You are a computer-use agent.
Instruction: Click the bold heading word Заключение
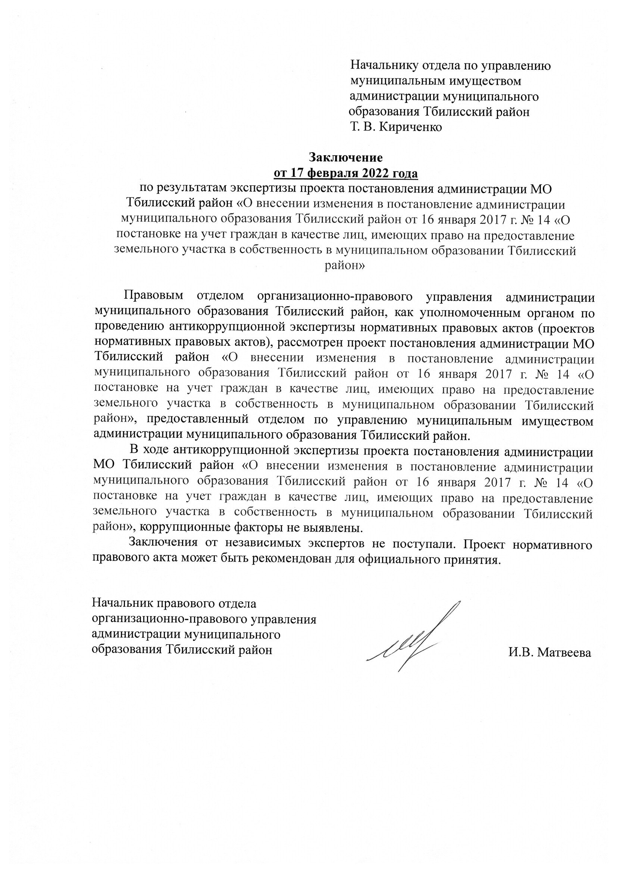[x=345, y=157]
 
